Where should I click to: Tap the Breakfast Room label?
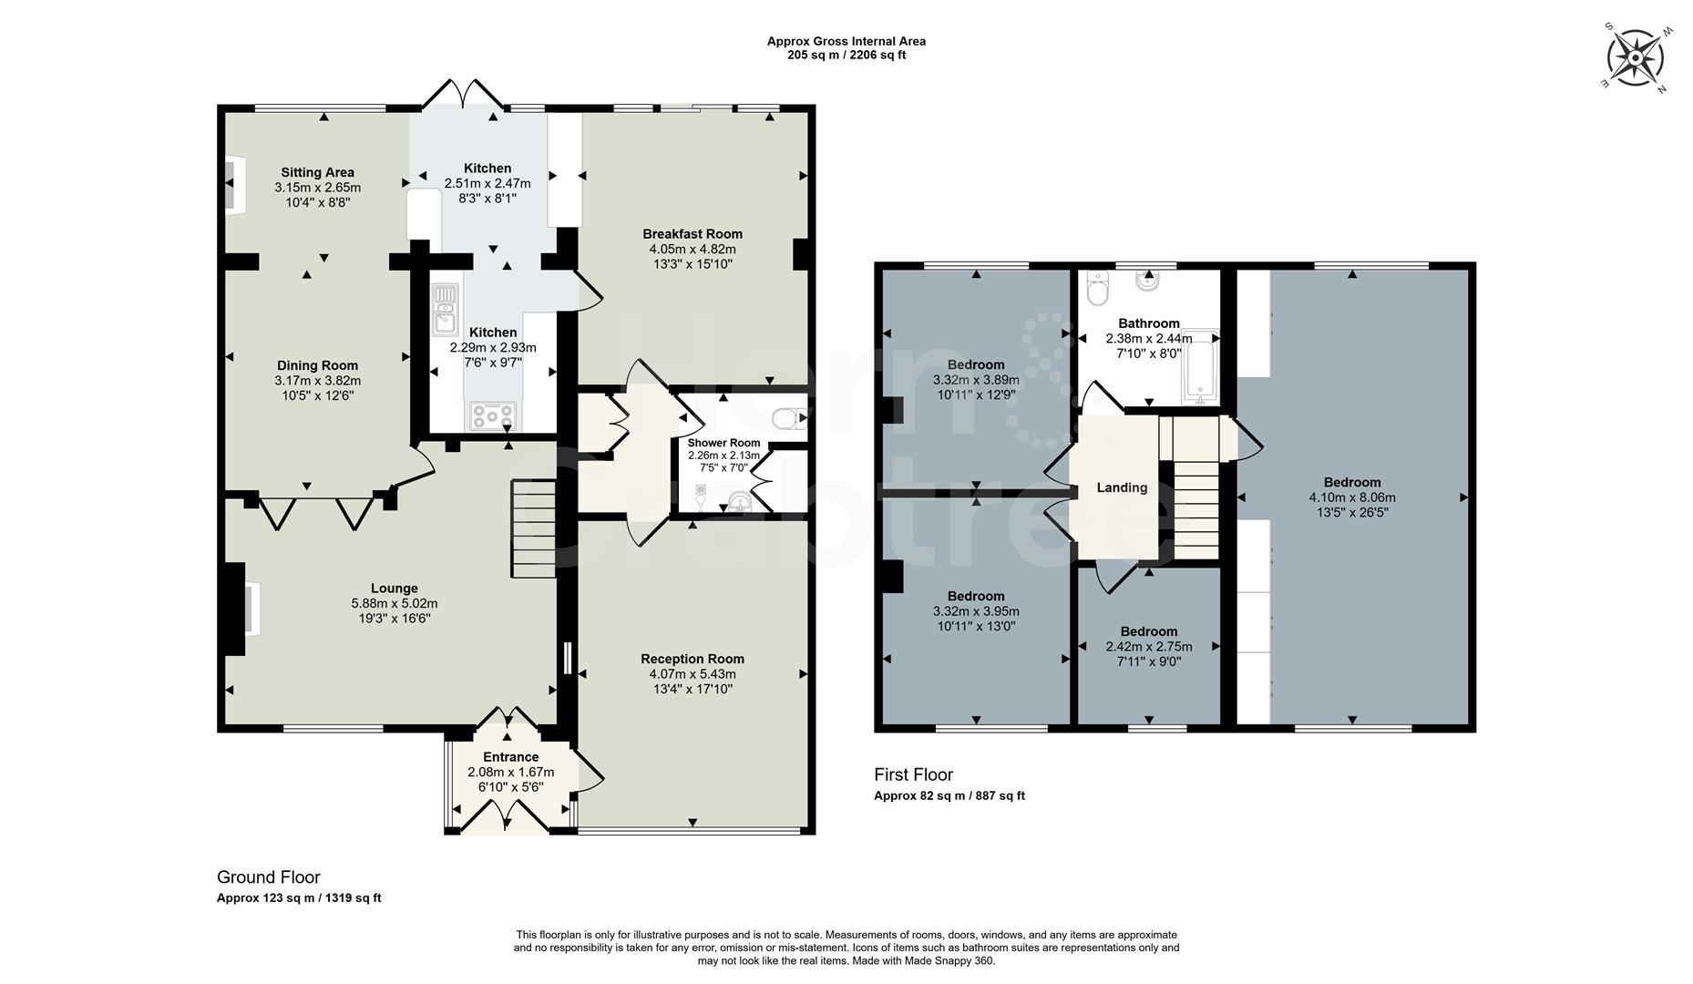point(692,234)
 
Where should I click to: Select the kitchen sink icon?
point(446,310)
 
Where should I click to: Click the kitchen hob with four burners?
point(493,415)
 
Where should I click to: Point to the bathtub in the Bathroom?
point(1200,366)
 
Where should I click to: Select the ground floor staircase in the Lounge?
point(533,528)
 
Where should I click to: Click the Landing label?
point(1122,487)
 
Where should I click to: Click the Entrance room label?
point(510,757)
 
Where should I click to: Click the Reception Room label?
point(692,659)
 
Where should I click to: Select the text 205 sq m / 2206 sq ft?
point(846,55)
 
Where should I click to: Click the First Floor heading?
point(913,774)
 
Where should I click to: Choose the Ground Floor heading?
point(268,877)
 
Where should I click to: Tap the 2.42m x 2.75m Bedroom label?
point(1148,631)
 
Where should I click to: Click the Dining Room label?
point(317,365)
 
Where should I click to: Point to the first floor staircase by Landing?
point(1195,510)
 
